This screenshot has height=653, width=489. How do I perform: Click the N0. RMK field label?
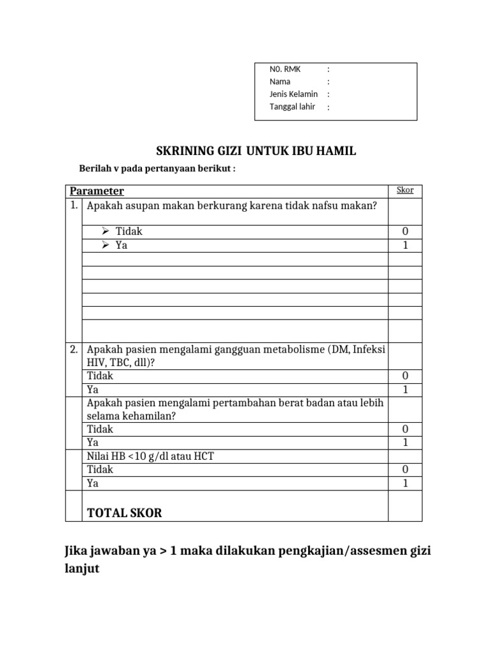[285, 70]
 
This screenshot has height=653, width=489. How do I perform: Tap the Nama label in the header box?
[280, 82]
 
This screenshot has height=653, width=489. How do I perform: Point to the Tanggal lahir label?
[292, 106]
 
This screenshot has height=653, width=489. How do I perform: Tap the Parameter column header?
[97, 191]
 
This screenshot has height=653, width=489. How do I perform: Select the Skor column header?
[405, 190]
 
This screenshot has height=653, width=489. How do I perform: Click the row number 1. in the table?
[74, 205]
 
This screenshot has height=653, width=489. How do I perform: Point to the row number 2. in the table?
[74, 349]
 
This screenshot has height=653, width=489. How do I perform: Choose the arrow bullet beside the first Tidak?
[106, 231]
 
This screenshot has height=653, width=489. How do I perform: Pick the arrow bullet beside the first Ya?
[106, 245]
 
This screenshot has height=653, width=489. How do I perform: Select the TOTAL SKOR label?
[124, 513]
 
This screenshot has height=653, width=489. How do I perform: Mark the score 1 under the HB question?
[405, 483]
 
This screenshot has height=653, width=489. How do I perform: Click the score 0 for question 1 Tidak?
[405, 231]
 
